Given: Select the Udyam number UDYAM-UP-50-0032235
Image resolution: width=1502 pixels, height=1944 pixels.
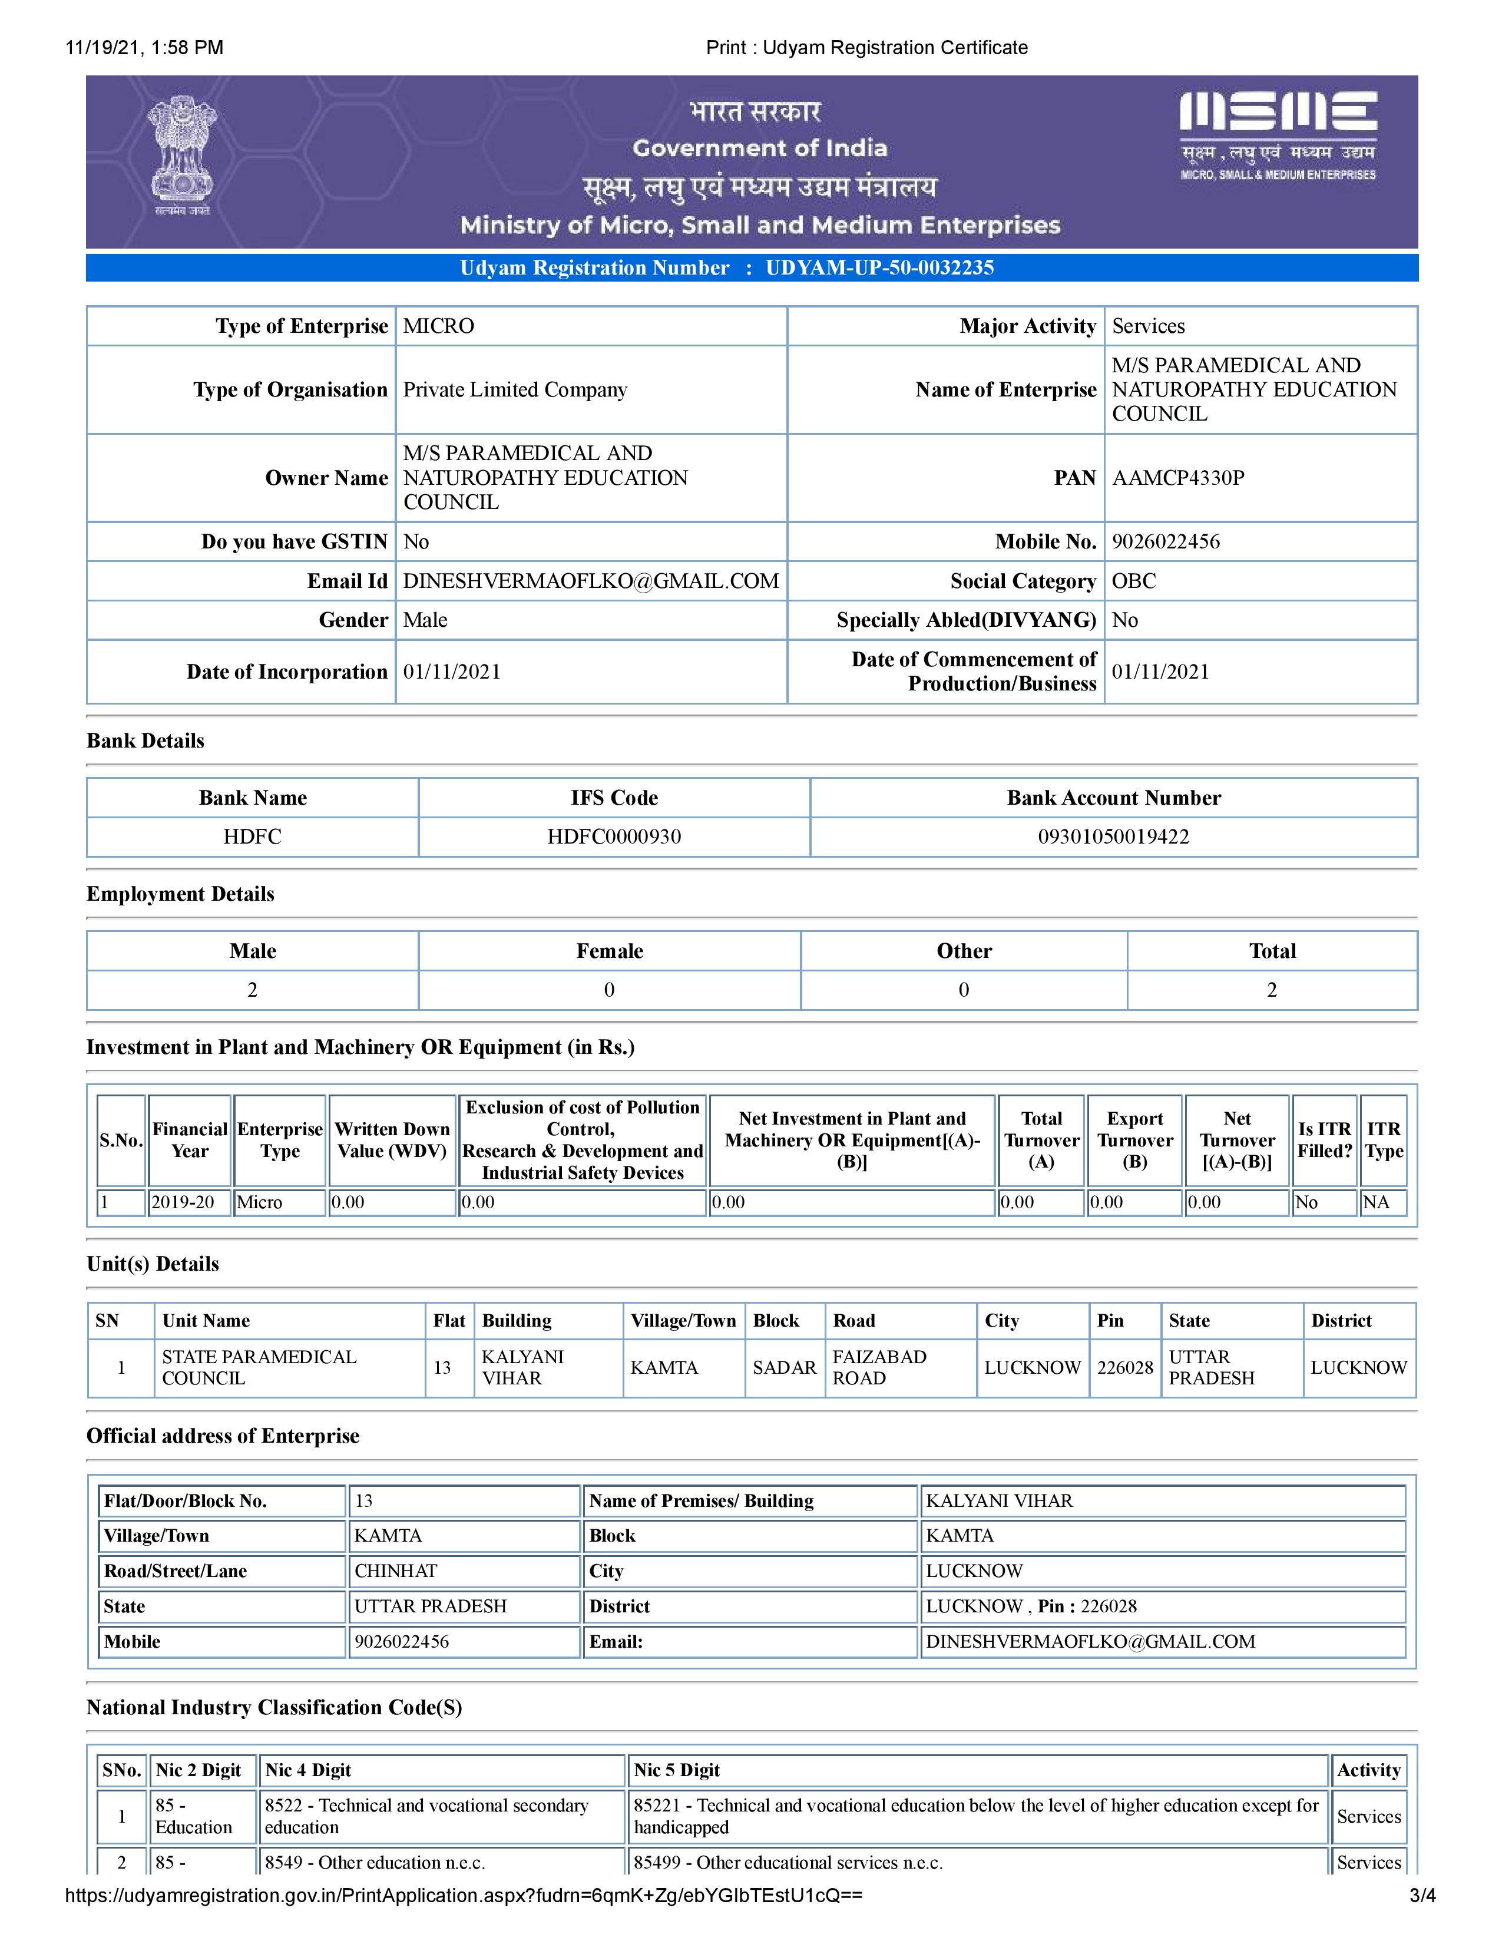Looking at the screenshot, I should click(879, 268).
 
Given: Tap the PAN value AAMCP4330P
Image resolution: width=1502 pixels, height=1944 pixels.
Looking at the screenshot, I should click(1178, 478).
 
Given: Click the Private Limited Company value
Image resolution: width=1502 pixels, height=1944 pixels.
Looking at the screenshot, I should click(515, 390).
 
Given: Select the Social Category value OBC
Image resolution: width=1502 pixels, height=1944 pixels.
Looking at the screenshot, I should click(1134, 581).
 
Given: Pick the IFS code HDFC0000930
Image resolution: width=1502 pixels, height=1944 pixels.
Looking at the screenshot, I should click(614, 837).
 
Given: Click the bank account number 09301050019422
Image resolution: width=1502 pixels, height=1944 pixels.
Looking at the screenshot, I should click(1113, 837).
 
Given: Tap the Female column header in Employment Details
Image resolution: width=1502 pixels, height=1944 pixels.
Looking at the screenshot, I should click(610, 951).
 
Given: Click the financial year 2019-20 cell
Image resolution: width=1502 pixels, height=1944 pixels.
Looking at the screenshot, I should click(183, 1202).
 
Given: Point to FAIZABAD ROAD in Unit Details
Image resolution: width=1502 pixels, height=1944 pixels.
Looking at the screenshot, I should click(879, 1367).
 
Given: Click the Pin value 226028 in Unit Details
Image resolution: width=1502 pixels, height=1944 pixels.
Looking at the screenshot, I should click(1124, 1367).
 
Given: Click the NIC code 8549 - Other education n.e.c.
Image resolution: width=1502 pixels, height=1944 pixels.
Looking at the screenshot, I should click(375, 1862).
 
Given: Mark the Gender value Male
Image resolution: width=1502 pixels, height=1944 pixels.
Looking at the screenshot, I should click(425, 620).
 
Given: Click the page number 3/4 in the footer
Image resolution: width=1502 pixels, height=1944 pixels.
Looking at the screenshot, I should click(1422, 1895).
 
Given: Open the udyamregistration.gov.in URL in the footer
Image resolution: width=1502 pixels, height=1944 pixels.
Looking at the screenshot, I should click(464, 1895).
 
